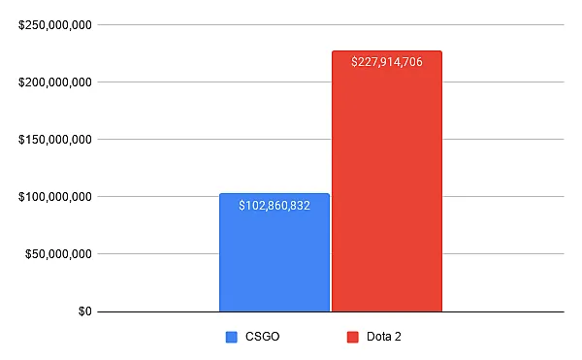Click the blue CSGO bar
coord(275,252)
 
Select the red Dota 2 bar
coord(387,181)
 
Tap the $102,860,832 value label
coord(275,206)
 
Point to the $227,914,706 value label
coord(387,61)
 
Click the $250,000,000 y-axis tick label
coord(55,25)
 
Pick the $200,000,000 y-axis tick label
coord(55,82)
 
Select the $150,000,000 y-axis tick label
coord(55,140)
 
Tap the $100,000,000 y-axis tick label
coord(55,197)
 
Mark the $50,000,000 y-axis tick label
coord(58,254)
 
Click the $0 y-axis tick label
coord(85,311)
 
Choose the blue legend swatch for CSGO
coord(232,337)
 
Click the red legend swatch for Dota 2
coord(353,337)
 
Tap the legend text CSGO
coord(263,337)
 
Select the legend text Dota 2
coord(384,337)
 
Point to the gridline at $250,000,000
coord(331,25)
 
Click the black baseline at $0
coord(331,311)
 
